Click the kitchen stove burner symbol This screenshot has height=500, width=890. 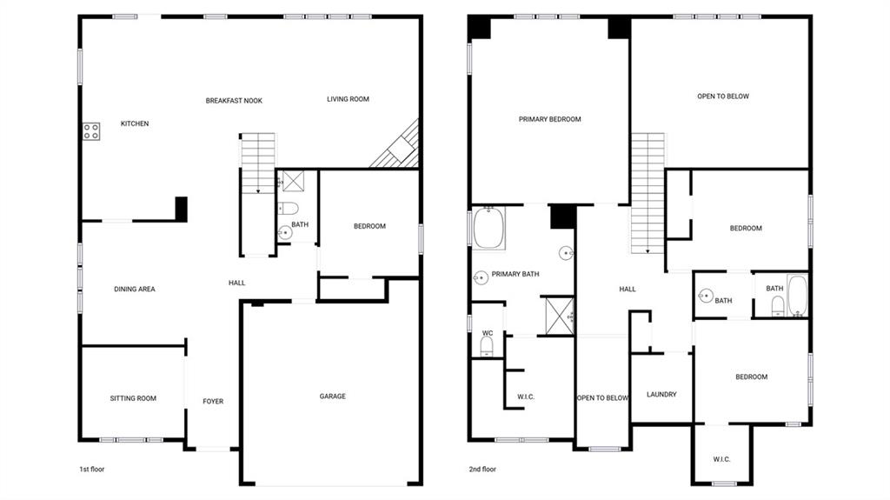click(91, 132)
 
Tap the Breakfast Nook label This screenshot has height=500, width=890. click(234, 101)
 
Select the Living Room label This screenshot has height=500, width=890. click(348, 99)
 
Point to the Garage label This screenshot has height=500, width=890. click(333, 396)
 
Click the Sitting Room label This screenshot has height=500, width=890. click(133, 398)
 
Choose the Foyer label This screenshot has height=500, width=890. click(213, 401)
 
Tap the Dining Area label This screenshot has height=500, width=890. click(135, 289)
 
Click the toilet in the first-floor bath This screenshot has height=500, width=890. click(288, 208)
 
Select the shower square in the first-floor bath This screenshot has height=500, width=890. click(294, 181)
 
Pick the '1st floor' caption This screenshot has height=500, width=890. click(92, 469)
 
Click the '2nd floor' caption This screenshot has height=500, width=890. click(482, 469)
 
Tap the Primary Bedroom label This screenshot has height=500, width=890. click(549, 119)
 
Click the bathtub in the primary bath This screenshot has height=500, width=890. click(488, 228)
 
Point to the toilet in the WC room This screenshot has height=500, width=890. click(487, 346)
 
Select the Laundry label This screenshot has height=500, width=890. click(661, 394)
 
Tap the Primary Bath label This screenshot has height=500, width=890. click(515, 274)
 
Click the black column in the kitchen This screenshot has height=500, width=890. click(181, 208)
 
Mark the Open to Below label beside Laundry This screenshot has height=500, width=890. click(603, 397)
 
